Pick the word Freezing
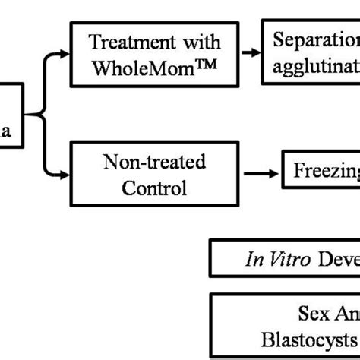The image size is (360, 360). pyautogui.click(x=327, y=172)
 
